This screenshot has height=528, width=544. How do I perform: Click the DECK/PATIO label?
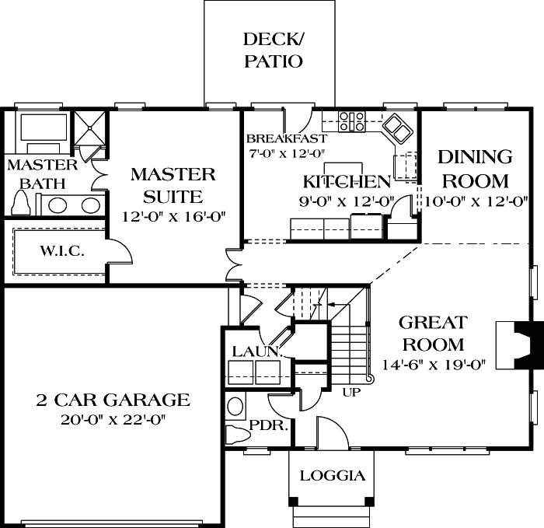[x=273, y=50]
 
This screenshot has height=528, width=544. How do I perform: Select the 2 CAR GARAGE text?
[x=113, y=400]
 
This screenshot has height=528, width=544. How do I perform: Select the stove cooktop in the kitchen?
[x=352, y=121]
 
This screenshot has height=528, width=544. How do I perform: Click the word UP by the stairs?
[x=351, y=393]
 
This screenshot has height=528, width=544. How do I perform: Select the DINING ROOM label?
[x=475, y=169]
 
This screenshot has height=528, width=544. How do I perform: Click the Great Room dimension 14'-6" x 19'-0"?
[x=434, y=364]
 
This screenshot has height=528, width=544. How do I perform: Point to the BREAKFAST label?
[x=276, y=138]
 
